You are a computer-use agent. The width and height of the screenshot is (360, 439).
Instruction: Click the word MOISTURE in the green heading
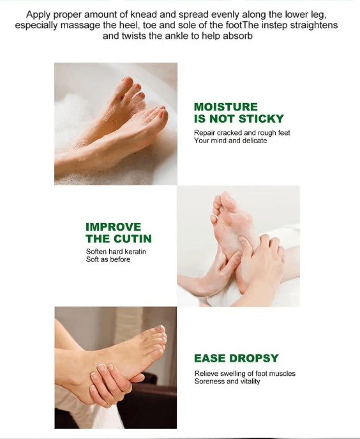pos(226,107)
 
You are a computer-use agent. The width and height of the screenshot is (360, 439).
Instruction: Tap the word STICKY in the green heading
pos(261,119)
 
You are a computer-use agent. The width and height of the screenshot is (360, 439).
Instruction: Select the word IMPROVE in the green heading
pos(113,227)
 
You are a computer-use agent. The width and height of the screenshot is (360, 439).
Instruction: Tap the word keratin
pos(135,251)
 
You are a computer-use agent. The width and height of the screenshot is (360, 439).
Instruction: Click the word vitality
pos(250,381)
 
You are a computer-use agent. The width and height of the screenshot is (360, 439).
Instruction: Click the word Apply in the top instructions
pos(36,15)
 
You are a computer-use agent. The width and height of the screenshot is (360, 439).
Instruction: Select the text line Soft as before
pos(109,259)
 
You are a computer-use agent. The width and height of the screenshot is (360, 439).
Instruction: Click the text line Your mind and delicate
pos(230,141)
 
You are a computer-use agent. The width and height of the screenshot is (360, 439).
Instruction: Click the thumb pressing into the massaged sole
pos(244,243)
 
